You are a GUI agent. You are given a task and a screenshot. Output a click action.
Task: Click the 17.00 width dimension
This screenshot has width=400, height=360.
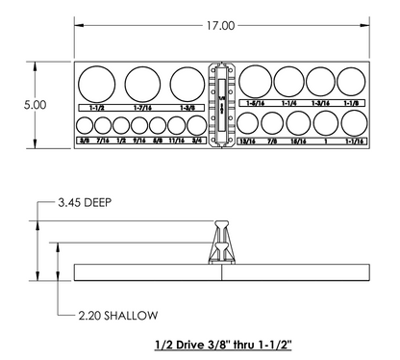point(221,25)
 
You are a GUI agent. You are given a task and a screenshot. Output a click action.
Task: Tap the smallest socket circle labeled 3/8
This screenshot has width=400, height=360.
point(85,125)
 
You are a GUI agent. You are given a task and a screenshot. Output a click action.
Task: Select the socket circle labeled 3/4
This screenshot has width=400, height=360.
point(196,125)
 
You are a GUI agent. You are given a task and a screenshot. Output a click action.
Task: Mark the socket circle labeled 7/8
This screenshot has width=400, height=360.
point(271,123)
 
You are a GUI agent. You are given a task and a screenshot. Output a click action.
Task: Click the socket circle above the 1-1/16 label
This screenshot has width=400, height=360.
point(353,122)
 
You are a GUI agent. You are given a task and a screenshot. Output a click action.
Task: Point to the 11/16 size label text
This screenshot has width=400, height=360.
point(177,141)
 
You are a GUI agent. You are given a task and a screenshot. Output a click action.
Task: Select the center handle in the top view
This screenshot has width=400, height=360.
point(222,106)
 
